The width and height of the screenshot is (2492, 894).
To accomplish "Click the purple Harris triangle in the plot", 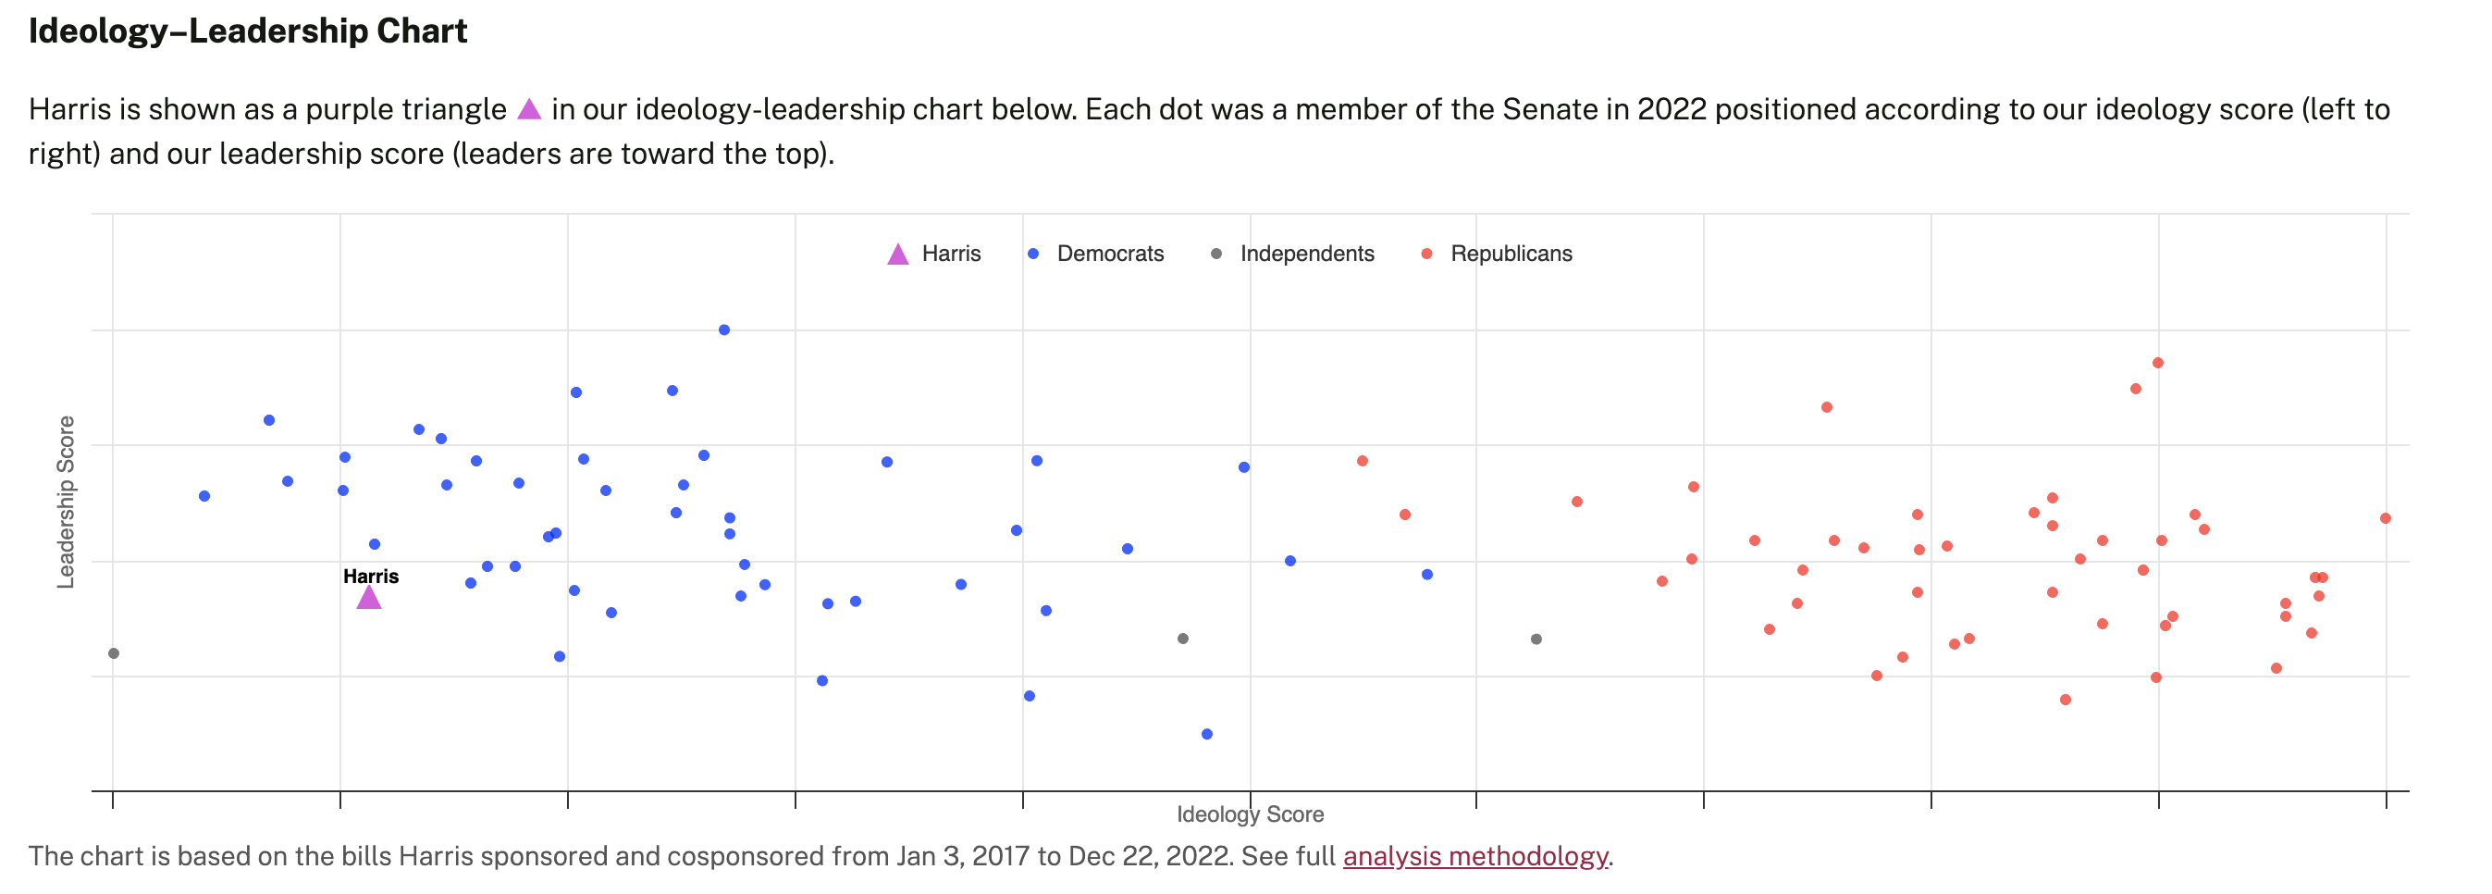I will [x=368, y=598].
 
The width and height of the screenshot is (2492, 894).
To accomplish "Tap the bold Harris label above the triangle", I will [x=371, y=576].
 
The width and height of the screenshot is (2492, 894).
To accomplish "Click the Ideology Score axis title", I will [x=1250, y=814].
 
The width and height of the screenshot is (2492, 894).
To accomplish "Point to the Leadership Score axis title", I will [x=66, y=502].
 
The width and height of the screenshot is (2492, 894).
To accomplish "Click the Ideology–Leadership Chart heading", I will [x=248, y=31].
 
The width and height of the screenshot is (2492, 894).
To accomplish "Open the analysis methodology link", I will [x=1475, y=856].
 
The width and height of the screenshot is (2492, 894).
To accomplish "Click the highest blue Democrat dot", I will [x=723, y=329].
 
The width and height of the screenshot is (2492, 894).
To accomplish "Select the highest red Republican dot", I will [x=2157, y=363].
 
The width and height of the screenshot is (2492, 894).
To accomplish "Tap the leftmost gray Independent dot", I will [x=113, y=653].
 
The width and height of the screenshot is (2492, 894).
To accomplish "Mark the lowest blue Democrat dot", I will [x=1206, y=733].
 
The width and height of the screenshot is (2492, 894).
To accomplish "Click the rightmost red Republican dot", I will [x=2386, y=517].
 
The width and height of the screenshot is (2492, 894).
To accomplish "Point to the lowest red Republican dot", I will [x=2066, y=700].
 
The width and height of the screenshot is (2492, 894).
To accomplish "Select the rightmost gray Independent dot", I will [x=1536, y=639].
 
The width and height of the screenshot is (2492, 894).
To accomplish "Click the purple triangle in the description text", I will [x=529, y=108].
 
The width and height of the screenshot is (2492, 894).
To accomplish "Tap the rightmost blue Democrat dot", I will [x=1427, y=574].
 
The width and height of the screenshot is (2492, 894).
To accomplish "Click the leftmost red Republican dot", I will [x=1362, y=461].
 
